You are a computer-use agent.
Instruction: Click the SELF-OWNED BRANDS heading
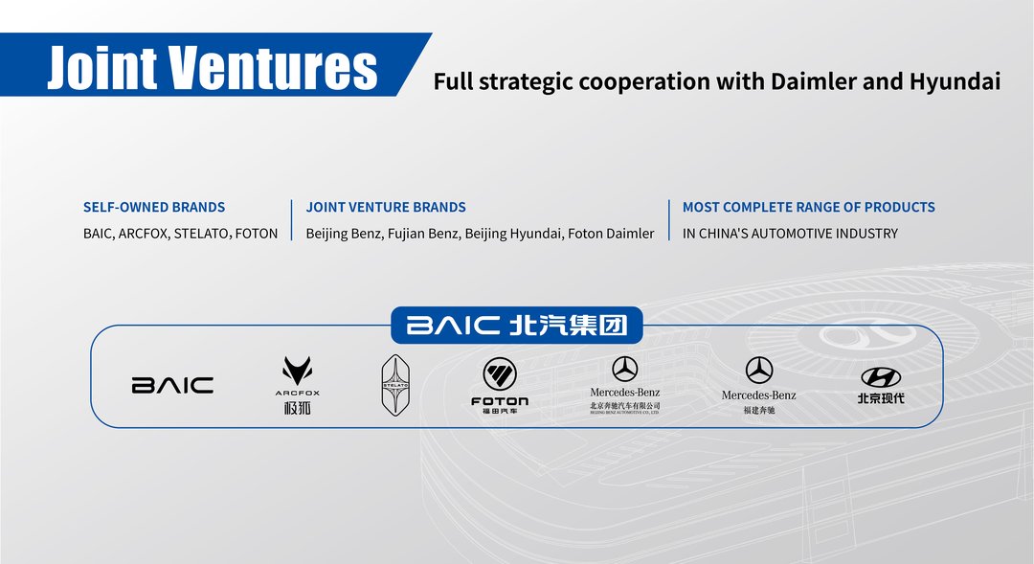[x=154, y=207]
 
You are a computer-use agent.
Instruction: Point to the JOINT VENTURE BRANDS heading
[x=386, y=207]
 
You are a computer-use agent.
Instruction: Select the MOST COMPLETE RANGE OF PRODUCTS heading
[x=808, y=207]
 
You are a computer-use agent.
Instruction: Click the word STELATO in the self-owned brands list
[x=203, y=234]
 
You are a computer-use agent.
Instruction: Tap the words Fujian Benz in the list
[x=424, y=234]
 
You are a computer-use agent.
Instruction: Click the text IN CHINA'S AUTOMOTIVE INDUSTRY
[x=790, y=234]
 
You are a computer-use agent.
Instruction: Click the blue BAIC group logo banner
[x=517, y=326]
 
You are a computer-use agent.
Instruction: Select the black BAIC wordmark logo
[x=172, y=385]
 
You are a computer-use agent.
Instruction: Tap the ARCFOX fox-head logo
[x=298, y=372]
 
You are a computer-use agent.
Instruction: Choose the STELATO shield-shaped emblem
[x=395, y=385]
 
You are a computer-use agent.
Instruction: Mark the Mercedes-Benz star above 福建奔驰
[x=759, y=370]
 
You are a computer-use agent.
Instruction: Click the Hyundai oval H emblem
[x=881, y=377]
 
